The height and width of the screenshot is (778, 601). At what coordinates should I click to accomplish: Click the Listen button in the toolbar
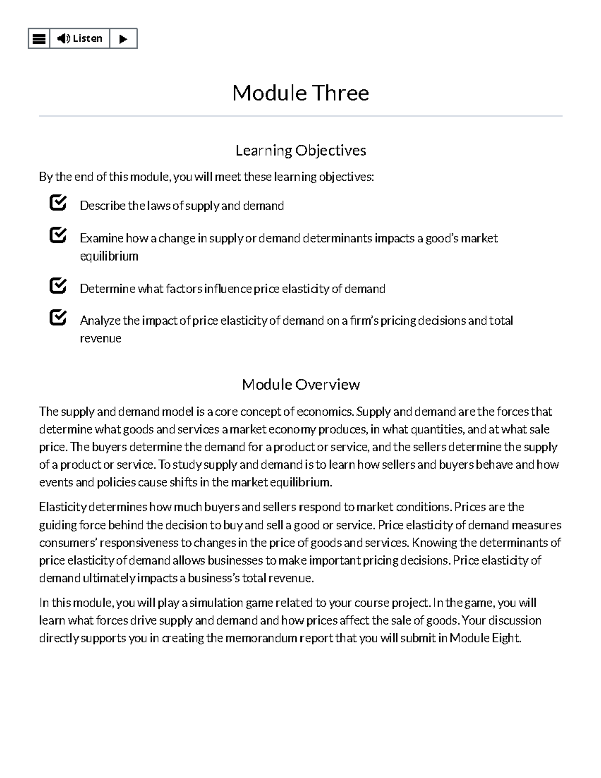[80, 39]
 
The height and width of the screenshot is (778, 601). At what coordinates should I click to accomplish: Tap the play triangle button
[123, 39]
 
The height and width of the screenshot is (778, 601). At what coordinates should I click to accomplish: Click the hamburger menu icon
[39, 39]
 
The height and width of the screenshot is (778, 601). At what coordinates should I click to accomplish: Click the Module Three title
[300, 93]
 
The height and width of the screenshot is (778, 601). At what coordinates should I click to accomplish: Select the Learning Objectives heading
[300, 150]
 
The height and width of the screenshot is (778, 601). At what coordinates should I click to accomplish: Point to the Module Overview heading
[300, 384]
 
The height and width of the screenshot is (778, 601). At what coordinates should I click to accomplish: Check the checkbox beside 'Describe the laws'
[58, 203]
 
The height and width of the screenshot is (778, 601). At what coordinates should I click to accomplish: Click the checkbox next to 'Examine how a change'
[58, 235]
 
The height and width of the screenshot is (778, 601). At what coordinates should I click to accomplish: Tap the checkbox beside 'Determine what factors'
[58, 286]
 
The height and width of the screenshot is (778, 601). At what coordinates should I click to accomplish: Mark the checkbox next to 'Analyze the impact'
[58, 318]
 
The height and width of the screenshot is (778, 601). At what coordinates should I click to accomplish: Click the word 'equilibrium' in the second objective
[109, 256]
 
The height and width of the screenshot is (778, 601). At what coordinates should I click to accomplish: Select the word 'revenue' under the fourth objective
[100, 338]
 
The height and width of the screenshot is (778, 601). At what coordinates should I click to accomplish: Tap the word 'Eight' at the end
[506, 638]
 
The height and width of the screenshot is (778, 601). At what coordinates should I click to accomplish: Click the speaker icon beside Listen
[63, 39]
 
